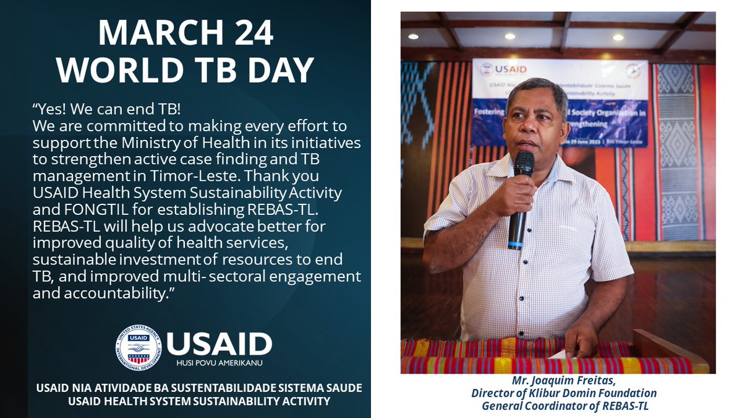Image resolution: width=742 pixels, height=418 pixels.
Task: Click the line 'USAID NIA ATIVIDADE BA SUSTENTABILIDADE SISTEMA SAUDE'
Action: point(199,388)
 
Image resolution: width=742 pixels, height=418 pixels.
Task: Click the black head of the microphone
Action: point(524,163)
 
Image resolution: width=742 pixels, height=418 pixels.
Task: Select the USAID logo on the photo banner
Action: point(496,69)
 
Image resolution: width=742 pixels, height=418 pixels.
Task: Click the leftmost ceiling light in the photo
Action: point(412,37)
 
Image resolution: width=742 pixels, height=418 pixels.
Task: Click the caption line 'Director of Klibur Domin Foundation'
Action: point(563,393)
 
